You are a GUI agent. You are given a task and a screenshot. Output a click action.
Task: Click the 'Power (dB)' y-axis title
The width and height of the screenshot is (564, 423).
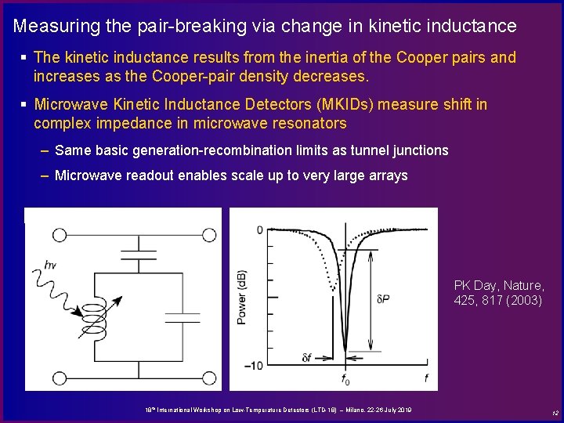point(242,297)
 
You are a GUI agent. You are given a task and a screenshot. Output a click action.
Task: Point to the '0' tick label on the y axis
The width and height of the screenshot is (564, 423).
point(260,230)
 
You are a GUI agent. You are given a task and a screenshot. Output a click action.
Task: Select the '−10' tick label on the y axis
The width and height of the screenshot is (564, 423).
point(254,366)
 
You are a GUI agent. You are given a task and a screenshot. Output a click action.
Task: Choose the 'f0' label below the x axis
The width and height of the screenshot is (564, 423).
point(345,380)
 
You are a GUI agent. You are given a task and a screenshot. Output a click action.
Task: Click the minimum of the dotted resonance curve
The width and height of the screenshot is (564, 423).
point(334,288)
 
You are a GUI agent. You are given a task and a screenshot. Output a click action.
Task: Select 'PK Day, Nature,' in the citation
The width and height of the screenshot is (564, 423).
point(499,285)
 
